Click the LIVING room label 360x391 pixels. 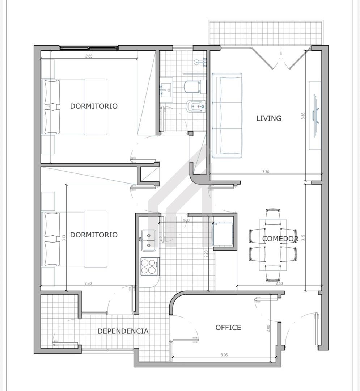pyautogui.click(x=269, y=118)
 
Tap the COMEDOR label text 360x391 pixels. pyautogui.click(x=280, y=239)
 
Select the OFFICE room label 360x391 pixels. pyautogui.click(x=228, y=327)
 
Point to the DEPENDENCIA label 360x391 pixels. pyautogui.click(x=123, y=331)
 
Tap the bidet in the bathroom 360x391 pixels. pyautogui.click(x=196, y=107)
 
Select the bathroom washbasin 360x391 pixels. pyautogui.click(x=166, y=90)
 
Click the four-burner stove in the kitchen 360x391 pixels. pyautogui.click(x=150, y=266)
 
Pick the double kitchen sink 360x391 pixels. pyautogui.click(x=149, y=240)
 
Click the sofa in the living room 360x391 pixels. pyautogui.click(x=227, y=116)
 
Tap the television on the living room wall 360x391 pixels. pyautogui.click(x=316, y=116)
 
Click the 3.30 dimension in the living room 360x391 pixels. pyautogui.click(x=266, y=172)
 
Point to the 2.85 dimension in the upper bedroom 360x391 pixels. pyautogui.click(x=89, y=56)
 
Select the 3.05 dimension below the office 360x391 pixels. pyautogui.click(x=224, y=355)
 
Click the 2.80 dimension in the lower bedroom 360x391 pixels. pyautogui.click(x=88, y=283)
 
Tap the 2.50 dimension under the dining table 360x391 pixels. pyautogui.click(x=279, y=283)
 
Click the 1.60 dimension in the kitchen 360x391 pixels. pyautogui.click(x=186, y=220)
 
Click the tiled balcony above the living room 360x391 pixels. pyautogui.click(x=266, y=33)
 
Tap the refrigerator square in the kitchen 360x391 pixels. pyautogui.click(x=223, y=234)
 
